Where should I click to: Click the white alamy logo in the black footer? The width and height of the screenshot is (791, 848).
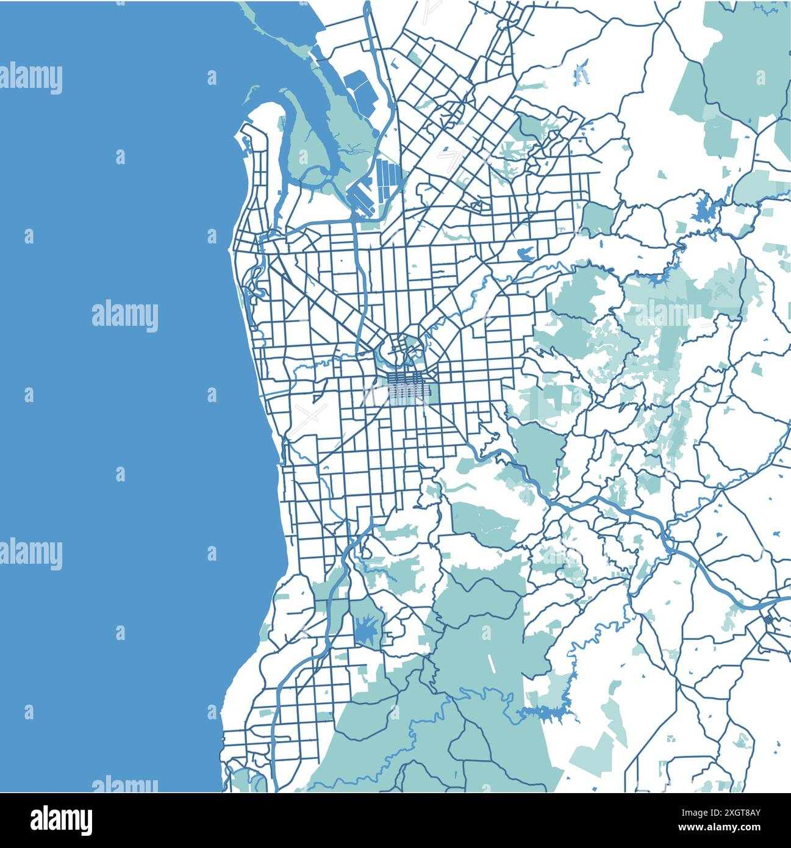[62, 819]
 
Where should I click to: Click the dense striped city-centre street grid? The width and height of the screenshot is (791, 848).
[407, 387]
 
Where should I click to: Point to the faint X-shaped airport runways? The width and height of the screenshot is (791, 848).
[310, 418]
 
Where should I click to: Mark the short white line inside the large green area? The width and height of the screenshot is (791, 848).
[490, 664]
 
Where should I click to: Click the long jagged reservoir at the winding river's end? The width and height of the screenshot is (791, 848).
[549, 711]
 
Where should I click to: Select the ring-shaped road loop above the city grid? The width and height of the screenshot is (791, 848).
[401, 351]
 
